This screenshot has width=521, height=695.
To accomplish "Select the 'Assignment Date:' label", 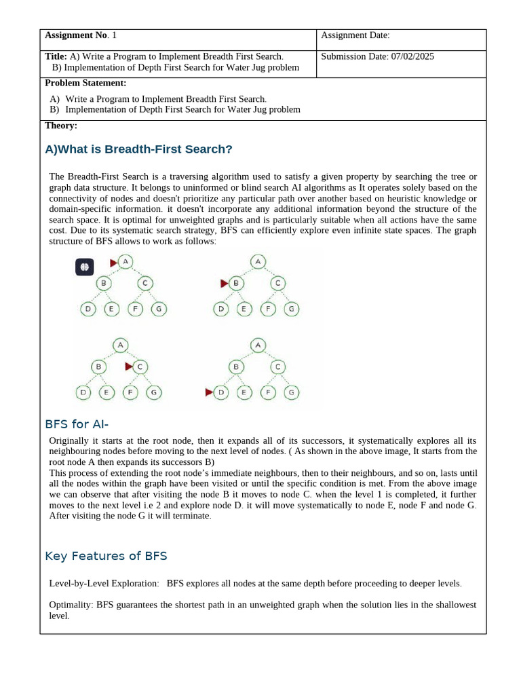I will point(355,35).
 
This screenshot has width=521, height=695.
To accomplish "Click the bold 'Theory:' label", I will point(61,126).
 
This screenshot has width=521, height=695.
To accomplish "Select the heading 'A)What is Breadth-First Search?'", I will point(138,149).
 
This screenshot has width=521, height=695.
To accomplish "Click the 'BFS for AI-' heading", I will point(77,424).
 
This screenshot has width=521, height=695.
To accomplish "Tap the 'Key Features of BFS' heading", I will point(106,556).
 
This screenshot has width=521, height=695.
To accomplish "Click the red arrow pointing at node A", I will point(114,263).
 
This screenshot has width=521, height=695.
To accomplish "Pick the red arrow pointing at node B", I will point(225,283).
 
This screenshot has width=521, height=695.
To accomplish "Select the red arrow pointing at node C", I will point(129,367).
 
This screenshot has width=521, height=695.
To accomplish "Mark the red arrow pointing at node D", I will point(209,392).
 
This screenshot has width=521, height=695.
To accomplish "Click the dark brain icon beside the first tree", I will point(84,267).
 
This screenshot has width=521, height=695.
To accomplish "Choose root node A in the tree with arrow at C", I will point(120,345).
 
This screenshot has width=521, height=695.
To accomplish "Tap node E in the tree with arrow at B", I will point(244,309).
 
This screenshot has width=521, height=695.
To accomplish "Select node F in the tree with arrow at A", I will point(136,309).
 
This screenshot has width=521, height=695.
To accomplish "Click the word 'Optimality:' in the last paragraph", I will point(71,604).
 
